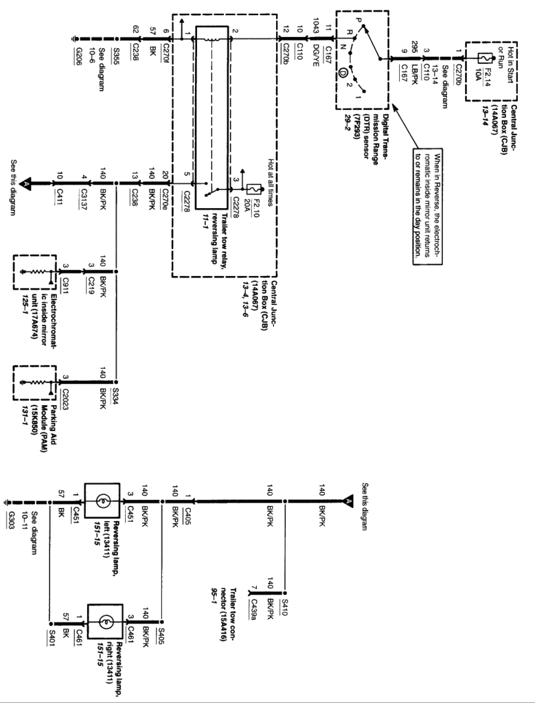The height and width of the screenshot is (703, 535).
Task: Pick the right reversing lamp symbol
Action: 104,623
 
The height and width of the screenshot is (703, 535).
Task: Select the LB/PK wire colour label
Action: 413,77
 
